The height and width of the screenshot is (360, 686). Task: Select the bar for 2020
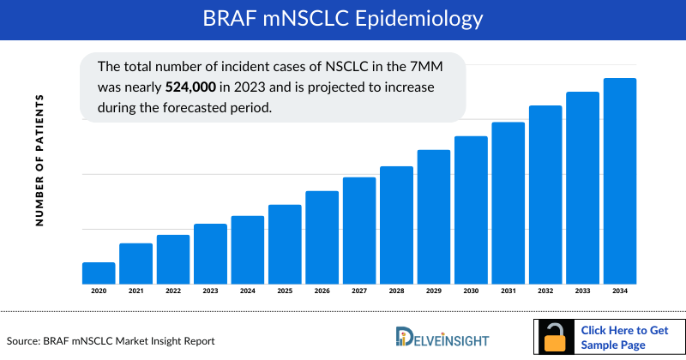(99, 273)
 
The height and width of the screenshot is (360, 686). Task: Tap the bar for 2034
(620, 181)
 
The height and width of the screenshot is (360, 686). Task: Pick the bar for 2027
(359, 231)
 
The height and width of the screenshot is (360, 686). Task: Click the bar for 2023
(210, 254)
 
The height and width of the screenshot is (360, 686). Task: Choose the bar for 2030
(471, 210)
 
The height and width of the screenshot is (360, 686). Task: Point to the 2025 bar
(285, 244)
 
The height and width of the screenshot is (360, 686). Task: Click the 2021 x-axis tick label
(135, 292)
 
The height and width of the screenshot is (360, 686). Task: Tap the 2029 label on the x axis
(434, 292)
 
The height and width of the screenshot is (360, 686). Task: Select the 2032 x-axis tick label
(545, 292)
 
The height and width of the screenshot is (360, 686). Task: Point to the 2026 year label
(322, 292)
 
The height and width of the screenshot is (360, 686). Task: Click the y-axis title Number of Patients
(39, 161)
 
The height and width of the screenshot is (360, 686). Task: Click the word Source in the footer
(26, 341)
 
